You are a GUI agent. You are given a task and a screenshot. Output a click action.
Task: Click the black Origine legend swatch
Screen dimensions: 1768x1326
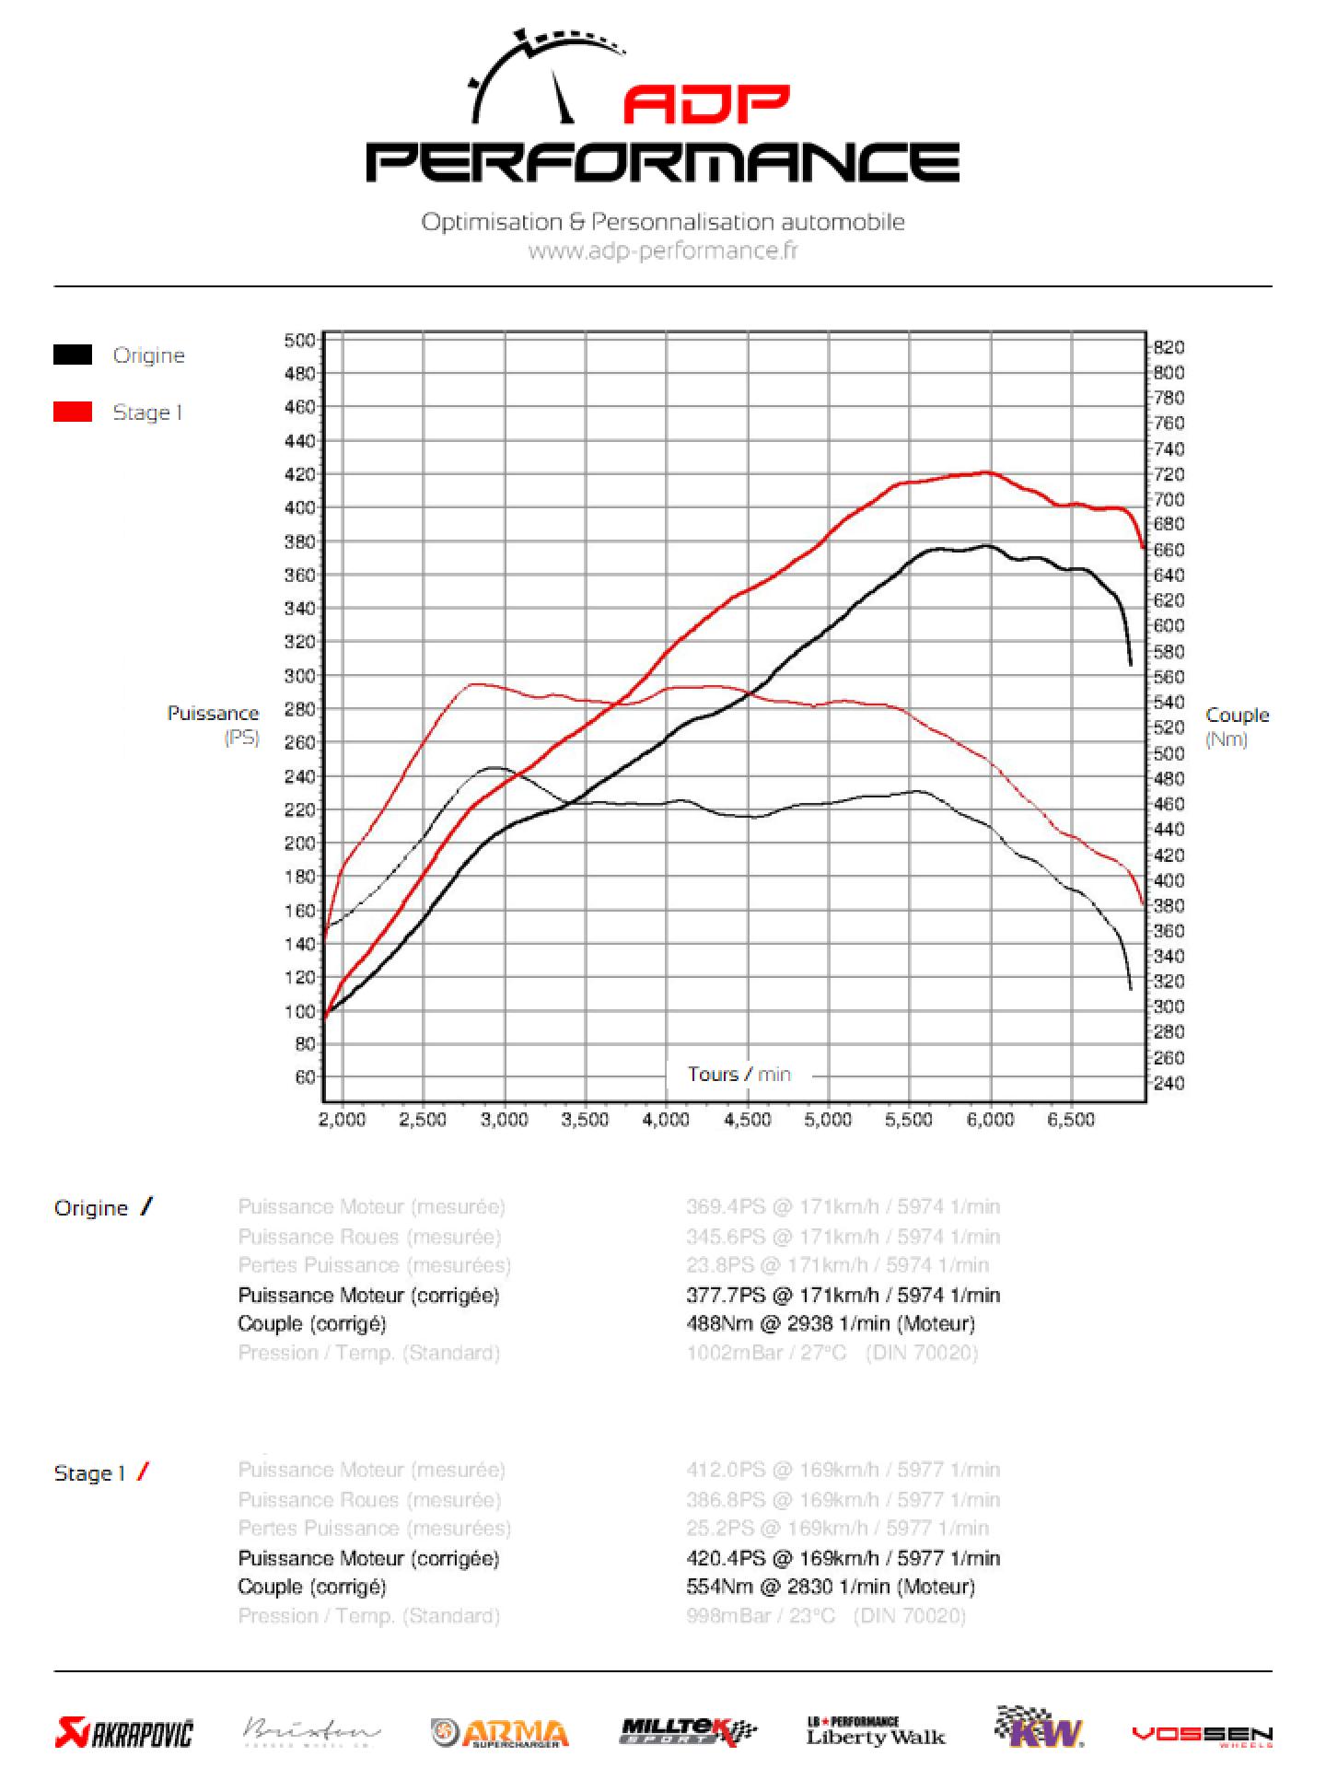73,355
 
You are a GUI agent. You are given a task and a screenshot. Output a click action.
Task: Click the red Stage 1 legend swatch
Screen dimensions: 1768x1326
73,412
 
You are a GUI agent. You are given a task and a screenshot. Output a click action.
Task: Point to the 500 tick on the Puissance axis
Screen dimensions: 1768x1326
299,340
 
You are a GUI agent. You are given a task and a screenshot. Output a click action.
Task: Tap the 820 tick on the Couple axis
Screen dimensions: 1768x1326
1169,347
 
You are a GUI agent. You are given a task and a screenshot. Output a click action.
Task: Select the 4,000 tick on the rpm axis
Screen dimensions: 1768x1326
666,1120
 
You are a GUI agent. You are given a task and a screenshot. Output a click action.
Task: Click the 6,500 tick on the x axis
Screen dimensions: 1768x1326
1072,1120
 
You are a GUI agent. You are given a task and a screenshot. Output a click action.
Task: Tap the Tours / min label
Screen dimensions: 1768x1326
739,1074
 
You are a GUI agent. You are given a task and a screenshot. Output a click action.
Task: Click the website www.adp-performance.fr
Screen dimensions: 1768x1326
663,250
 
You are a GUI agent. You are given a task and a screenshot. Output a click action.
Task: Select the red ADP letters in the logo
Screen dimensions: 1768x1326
706,105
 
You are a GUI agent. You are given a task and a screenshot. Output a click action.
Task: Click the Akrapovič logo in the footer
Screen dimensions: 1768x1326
124,1733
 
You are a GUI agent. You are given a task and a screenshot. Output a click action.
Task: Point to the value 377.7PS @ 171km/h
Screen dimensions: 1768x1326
843,1295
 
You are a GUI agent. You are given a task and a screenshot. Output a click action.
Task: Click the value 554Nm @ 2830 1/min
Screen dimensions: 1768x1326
831,1586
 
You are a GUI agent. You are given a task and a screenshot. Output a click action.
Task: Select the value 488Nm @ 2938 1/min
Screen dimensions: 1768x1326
831,1323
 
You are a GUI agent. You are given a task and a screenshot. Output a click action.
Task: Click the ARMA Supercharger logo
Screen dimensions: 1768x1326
500,1733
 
